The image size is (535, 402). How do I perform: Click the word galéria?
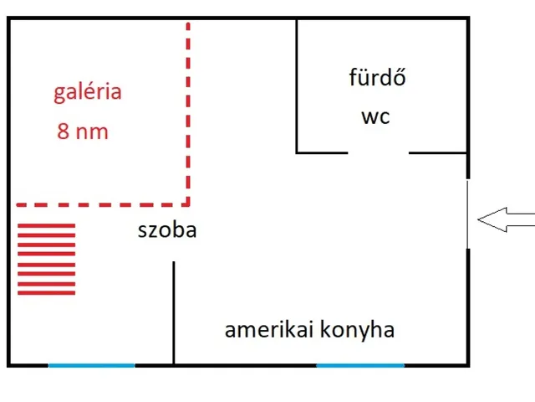(88, 93)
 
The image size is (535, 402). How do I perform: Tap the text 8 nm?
(83, 131)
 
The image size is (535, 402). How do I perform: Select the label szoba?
(167, 229)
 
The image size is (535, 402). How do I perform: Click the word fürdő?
(377, 79)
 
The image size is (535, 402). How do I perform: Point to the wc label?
(375, 116)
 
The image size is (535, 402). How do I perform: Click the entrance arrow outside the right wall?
(506, 220)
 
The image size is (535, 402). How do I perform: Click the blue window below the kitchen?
(360, 365)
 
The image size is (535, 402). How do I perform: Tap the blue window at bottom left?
(91, 365)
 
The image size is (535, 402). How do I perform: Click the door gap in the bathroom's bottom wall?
(378, 152)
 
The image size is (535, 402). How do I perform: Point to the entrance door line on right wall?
(467, 214)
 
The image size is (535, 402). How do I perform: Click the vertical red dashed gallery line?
(188, 109)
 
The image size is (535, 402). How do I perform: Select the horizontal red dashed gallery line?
(100, 204)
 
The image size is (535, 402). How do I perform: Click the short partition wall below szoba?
(174, 312)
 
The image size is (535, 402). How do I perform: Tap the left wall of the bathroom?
(298, 84)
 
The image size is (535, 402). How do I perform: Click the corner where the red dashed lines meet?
(188, 204)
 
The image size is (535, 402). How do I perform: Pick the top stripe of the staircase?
(47, 226)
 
